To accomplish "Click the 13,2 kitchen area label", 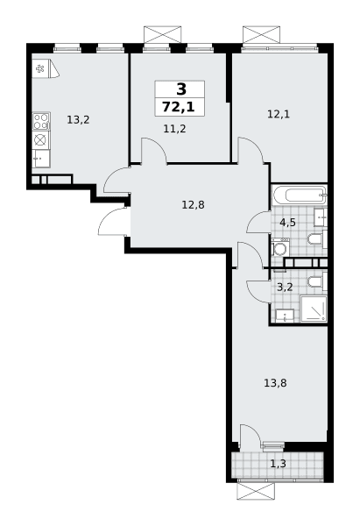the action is pyautogui.click(x=78, y=120).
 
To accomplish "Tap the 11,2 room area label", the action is pyautogui.click(x=174, y=129).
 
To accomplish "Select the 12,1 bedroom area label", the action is pyautogui.click(x=279, y=114).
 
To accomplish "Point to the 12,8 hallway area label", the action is pyautogui.click(x=193, y=204).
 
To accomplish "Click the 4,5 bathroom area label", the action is pyautogui.click(x=288, y=222).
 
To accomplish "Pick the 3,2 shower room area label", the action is pyautogui.click(x=286, y=288).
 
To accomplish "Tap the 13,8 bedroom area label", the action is pyautogui.click(x=275, y=383).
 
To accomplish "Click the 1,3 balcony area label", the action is pyautogui.click(x=279, y=464).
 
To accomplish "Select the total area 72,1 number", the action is pyautogui.click(x=179, y=107).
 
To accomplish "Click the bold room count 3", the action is pyautogui.click(x=181, y=89).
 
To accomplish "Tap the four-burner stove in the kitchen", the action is pyautogui.click(x=41, y=121).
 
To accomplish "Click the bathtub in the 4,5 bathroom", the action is pyautogui.click(x=300, y=195).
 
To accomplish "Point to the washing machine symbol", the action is pyautogui.click(x=280, y=247).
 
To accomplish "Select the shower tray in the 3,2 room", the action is pyautogui.click(x=314, y=309).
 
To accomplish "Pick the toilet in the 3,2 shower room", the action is pyautogui.click(x=317, y=281).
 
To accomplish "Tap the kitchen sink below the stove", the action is pyautogui.click(x=41, y=159).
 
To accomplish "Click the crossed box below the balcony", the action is pyautogui.click(x=256, y=492).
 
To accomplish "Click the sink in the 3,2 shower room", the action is pyautogui.click(x=285, y=316).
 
